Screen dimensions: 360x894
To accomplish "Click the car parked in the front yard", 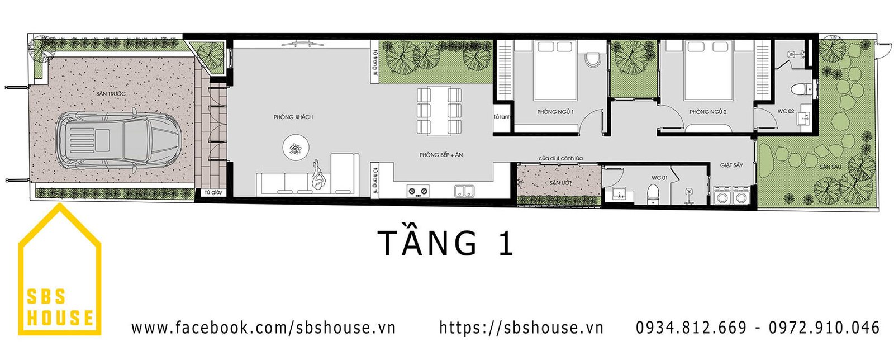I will [x=118, y=140].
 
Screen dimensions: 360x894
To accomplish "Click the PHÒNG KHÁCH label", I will [x=293, y=117].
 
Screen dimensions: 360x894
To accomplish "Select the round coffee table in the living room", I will [x=295, y=148].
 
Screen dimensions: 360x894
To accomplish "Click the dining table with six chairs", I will [x=439, y=110].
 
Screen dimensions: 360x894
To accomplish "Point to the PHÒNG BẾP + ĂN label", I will [x=441, y=155].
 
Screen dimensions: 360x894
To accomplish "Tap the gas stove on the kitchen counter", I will [x=418, y=191].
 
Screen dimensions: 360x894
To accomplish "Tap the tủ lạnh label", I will [x=502, y=117].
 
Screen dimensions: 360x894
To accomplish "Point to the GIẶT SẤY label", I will [x=731, y=165].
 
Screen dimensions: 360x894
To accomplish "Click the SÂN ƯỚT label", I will [x=558, y=183].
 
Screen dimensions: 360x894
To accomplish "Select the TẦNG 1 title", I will [x=445, y=243].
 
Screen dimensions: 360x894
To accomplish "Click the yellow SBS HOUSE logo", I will [x=60, y=274].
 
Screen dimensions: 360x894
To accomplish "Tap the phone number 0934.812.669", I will [x=691, y=328].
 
